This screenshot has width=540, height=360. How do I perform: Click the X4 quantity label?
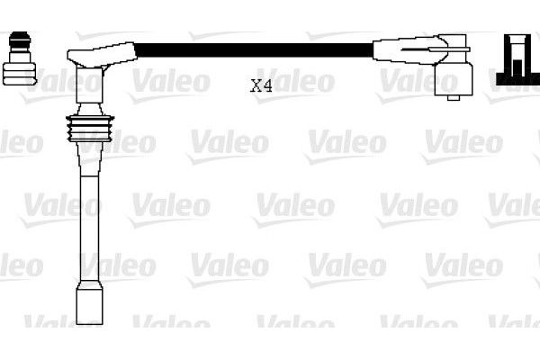coord(261,86)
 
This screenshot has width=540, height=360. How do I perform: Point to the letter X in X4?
coord(256,86)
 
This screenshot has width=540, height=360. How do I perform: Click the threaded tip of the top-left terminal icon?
coord(17,40)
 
